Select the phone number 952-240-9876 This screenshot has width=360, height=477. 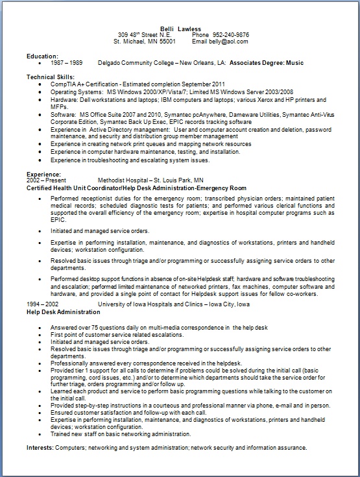(230, 34)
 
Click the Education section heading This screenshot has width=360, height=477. (42, 56)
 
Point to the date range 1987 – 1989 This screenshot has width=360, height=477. (64, 63)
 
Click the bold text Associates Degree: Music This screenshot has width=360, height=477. (266, 63)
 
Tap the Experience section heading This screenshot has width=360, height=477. (43, 174)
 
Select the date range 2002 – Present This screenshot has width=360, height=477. (49, 180)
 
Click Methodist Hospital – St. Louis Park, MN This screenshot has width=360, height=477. (150, 180)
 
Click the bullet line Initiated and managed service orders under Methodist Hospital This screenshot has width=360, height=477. (101, 230)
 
